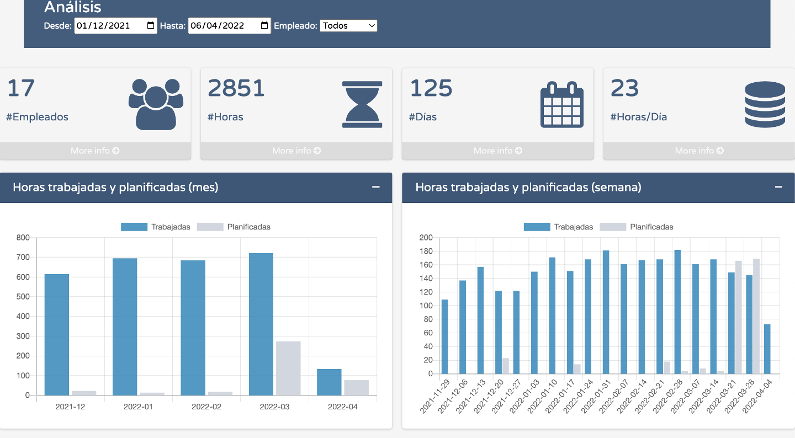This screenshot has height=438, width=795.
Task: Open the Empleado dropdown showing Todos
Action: click(x=348, y=25)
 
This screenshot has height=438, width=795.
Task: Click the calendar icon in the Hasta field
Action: click(x=264, y=25)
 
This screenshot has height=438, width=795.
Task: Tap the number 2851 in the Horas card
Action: click(x=236, y=88)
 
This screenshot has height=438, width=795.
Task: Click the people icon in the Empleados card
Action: click(x=156, y=104)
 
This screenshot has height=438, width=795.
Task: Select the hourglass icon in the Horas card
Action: click(x=362, y=104)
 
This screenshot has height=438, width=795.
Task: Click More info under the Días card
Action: click(x=497, y=151)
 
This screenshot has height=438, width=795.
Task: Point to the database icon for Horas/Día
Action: click(x=765, y=104)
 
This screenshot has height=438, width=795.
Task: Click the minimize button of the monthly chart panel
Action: click(x=376, y=187)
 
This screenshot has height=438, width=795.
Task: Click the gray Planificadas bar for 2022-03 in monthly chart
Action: click(x=288, y=368)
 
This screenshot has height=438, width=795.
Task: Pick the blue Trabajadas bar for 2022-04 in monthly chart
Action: click(x=329, y=382)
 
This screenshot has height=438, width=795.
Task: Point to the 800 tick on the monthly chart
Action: click(x=23, y=238)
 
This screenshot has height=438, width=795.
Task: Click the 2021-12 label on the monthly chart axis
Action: click(x=70, y=407)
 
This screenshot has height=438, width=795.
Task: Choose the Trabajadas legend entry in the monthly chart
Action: click(x=155, y=227)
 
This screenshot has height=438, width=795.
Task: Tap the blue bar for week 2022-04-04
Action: click(x=767, y=349)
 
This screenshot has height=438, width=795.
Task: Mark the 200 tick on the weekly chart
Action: click(x=426, y=238)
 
